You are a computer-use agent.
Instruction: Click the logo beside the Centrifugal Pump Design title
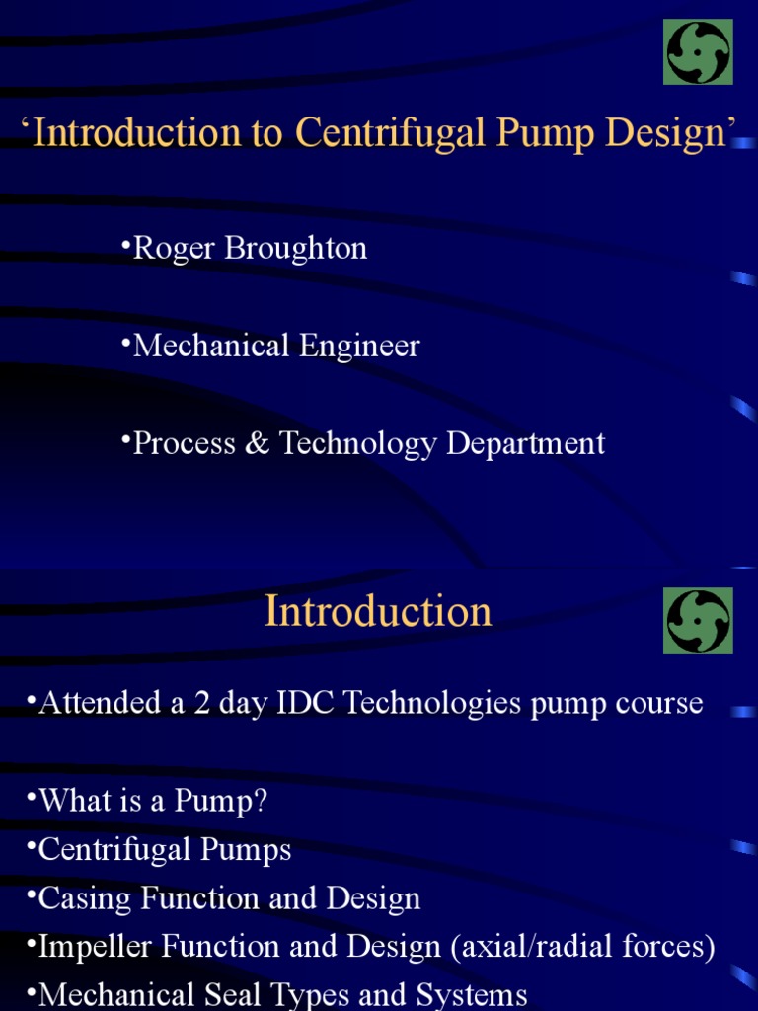[x=698, y=52]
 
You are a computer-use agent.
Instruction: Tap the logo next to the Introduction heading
[x=698, y=621]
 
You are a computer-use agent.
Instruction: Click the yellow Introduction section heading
[x=378, y=611]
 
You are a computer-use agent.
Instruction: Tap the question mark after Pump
[x=260, y=801]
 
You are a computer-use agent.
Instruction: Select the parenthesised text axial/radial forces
[x=582, y=947]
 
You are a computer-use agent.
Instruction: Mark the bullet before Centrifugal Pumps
[x=32, y=845]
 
